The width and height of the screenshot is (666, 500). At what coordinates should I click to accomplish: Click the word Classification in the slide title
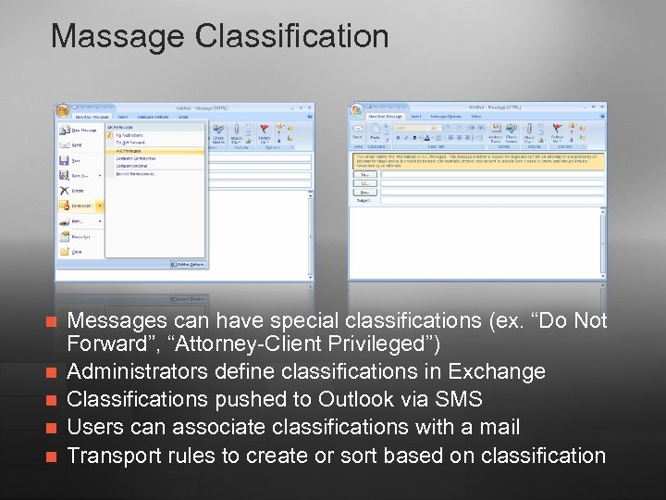click(x=292, y=37)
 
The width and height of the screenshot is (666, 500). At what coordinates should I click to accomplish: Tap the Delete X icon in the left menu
click(x=78, y=190)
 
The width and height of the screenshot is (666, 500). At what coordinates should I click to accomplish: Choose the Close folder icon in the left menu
click(x=77, y=251)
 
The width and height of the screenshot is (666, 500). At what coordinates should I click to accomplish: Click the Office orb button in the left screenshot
click(x=62, y=111)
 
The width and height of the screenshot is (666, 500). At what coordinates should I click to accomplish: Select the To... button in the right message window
click(x=365, y=174)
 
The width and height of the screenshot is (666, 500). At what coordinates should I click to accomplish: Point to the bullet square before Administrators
click(x=52, y=372)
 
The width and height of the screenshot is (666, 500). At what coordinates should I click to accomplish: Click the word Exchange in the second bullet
click(x=497, y=372)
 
